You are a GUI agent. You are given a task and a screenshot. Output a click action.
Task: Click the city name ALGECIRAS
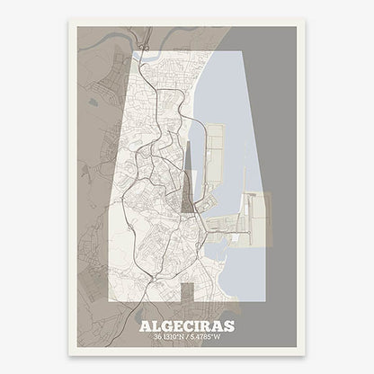coord(186,326)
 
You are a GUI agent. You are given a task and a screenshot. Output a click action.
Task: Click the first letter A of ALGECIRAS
coord(147,326)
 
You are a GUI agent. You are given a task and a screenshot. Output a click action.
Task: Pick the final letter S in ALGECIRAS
coord(227,326)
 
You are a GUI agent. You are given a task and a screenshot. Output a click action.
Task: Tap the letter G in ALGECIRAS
coord(168,326)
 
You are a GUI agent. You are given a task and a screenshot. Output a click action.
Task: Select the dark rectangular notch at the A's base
coord(187,293)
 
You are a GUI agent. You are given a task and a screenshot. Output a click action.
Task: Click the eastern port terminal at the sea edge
coord(255,216)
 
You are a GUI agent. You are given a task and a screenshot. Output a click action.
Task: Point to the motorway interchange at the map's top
coord(143,40)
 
